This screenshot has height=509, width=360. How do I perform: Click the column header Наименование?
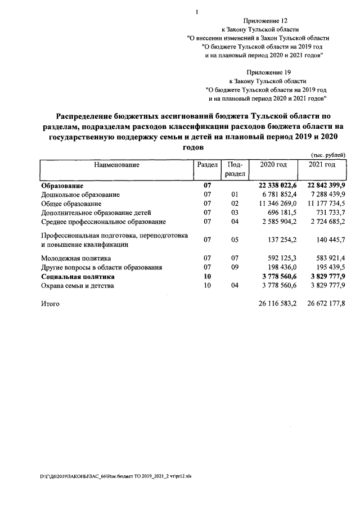[x=116, y=165]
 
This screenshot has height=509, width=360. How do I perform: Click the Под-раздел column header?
[x=235, y=169]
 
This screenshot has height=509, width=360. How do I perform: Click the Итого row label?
[x=50, y=304]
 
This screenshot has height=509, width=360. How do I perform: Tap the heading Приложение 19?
[x=266, y=72]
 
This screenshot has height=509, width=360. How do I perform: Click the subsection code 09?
[x=235, y=268]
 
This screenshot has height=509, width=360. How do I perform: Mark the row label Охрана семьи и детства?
[x=78, y=286]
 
